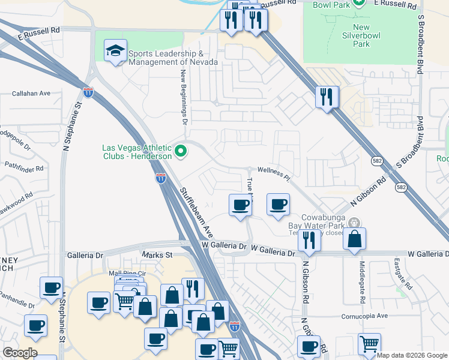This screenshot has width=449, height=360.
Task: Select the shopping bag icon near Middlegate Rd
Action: pos(355,238)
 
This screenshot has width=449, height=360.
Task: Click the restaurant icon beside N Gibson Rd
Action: pos(309,240)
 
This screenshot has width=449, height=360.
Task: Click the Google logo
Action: pos(20,353)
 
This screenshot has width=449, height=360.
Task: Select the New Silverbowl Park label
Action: pos(361,35)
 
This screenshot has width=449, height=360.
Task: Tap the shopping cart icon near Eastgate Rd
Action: pos(370,344)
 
